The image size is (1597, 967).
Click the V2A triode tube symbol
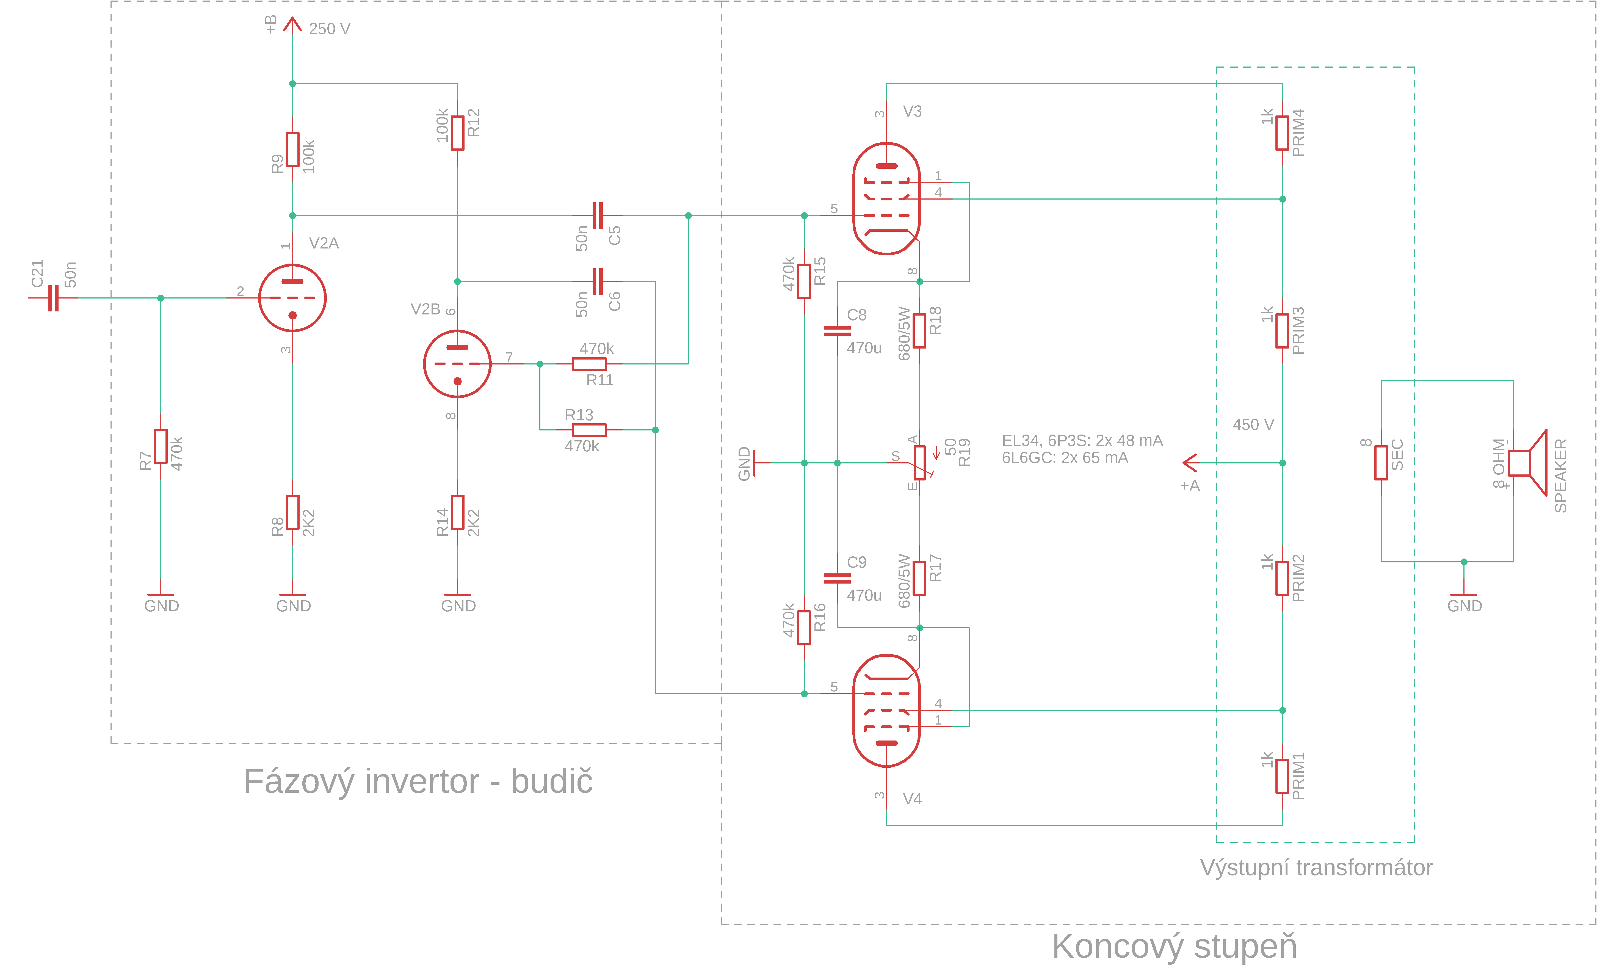[292, 298]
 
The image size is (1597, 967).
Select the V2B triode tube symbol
[457, 364]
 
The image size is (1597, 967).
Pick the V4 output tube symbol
[886, 710]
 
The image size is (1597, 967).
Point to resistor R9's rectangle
[292, 150]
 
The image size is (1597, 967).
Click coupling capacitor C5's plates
[597, 215]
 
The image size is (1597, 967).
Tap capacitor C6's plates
[597, 281]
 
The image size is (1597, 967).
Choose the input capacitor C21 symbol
[53, 298]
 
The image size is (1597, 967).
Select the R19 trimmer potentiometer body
[919, 463]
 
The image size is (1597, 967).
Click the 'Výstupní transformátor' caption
[1316, 867]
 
